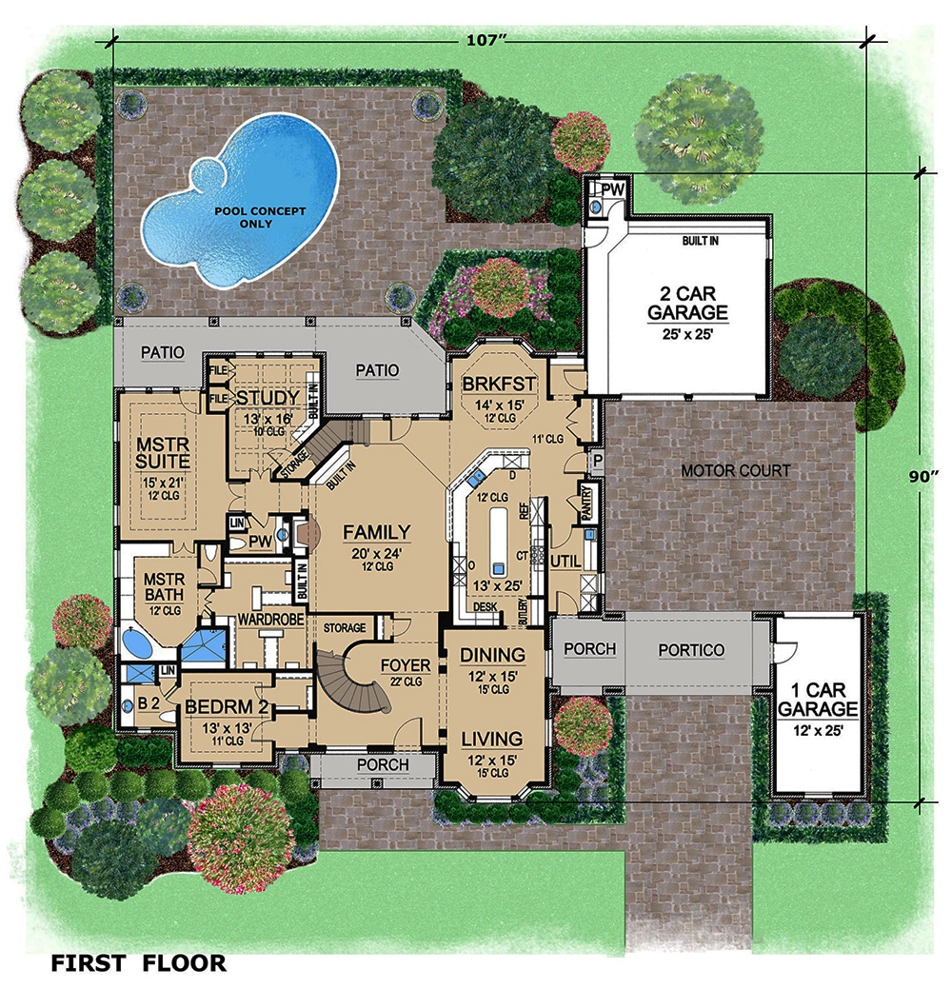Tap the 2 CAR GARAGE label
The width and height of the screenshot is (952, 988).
pos(687,302)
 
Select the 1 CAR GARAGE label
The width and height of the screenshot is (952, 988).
pos(818,699)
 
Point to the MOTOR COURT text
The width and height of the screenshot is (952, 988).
pos(736,470)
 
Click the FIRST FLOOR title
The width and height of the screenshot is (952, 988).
pos(139,963)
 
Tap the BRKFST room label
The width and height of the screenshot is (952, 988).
pos(500,384)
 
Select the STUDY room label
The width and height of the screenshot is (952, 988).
pos(268,397)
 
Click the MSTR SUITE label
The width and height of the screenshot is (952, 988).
pos(158,452)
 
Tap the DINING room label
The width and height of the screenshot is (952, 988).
pos(493,655)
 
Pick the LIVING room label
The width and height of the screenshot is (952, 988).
pos(492,739)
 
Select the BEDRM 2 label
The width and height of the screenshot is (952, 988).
pos(229,708)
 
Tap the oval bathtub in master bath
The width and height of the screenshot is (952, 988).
pos(137,643)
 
